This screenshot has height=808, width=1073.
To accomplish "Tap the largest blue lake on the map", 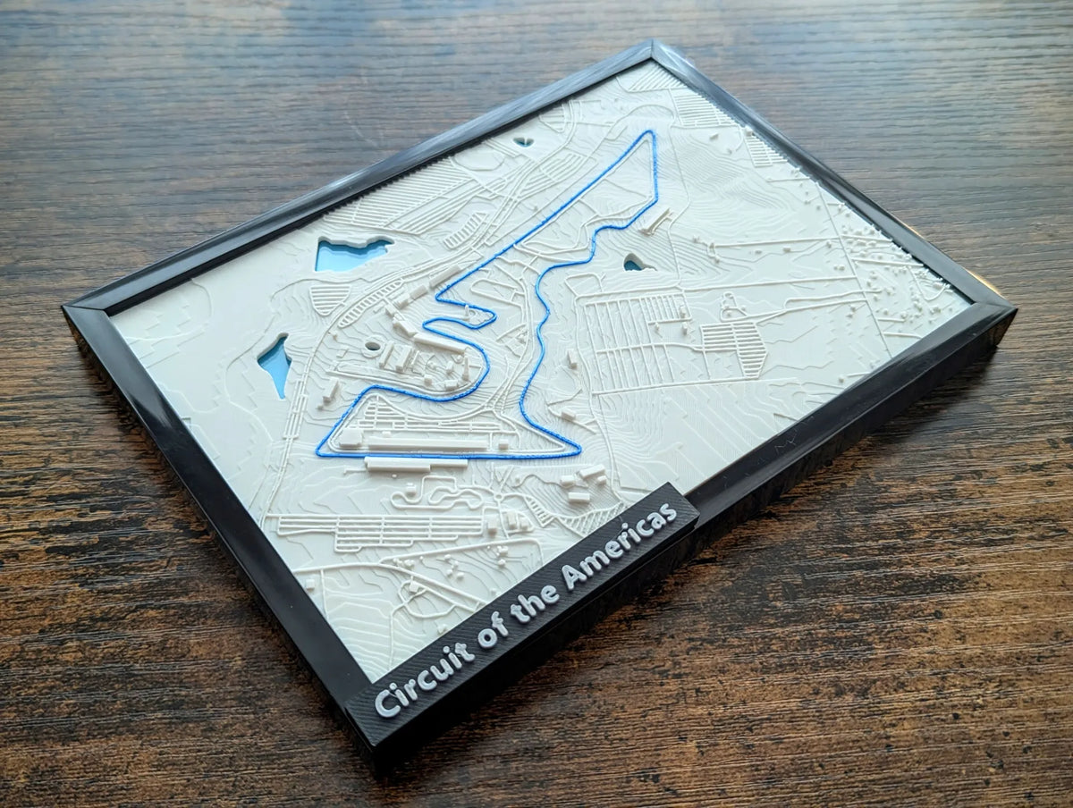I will [x=351, y=254].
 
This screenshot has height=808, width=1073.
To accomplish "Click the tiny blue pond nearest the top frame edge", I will [x=524, y=140].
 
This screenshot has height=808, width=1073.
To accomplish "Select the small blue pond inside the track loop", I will [x=634, y=263].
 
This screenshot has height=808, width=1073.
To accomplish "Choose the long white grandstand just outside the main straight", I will [x=416, y=462].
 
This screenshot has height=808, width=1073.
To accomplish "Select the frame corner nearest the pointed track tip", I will [x=654, y=45].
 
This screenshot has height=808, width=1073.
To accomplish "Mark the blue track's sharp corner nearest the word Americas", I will [x=577, y=451].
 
